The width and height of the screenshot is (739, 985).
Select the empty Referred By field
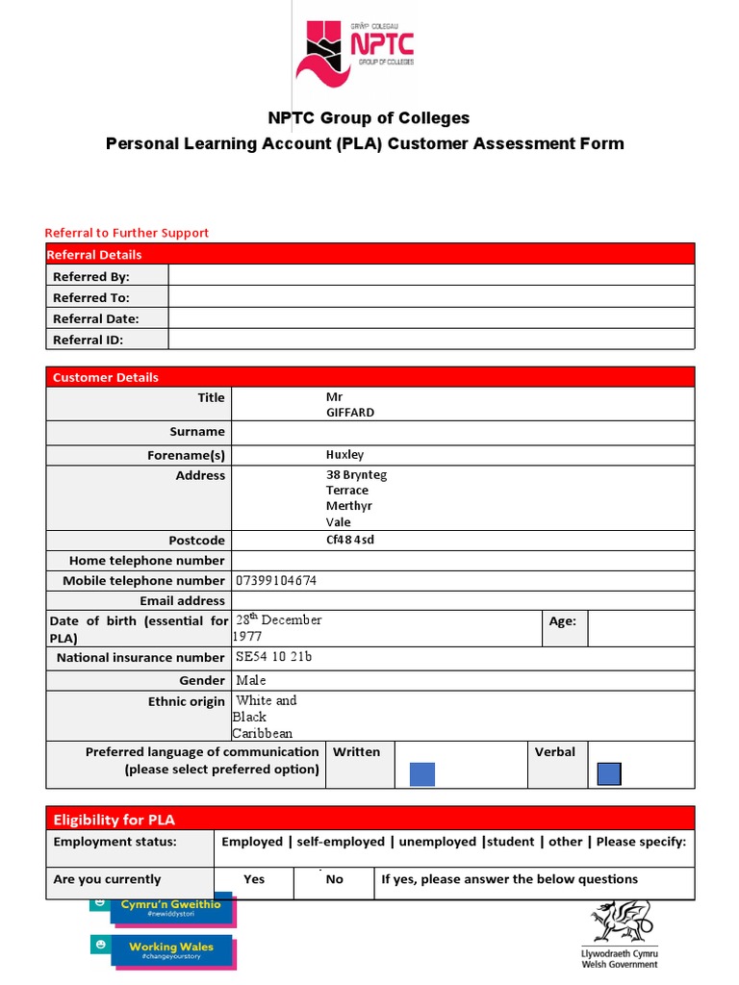tap(430, 276)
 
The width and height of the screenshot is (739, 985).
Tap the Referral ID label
tap(89, 340)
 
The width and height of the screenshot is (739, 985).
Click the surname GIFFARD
tap(350, 412)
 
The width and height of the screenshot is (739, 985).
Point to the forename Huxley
tap(344, 454)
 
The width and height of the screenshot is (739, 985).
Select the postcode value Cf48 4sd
tap(350, 540)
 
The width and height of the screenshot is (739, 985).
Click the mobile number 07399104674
tap(276, 581)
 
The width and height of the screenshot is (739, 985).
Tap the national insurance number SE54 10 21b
tap(274, 658)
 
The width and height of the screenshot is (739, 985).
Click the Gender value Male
tap(251, 680)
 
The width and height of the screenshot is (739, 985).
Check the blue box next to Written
tap(422, 773)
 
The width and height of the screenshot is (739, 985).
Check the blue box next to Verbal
tap(609, 773)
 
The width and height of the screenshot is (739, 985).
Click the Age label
tap(562, 621)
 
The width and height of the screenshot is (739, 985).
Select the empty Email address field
tap(462, 600)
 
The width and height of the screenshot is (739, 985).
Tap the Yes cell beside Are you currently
tap(254, 879)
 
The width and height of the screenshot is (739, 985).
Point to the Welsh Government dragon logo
tap(621, 922)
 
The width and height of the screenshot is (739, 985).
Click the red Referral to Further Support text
tap(127, 233)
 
